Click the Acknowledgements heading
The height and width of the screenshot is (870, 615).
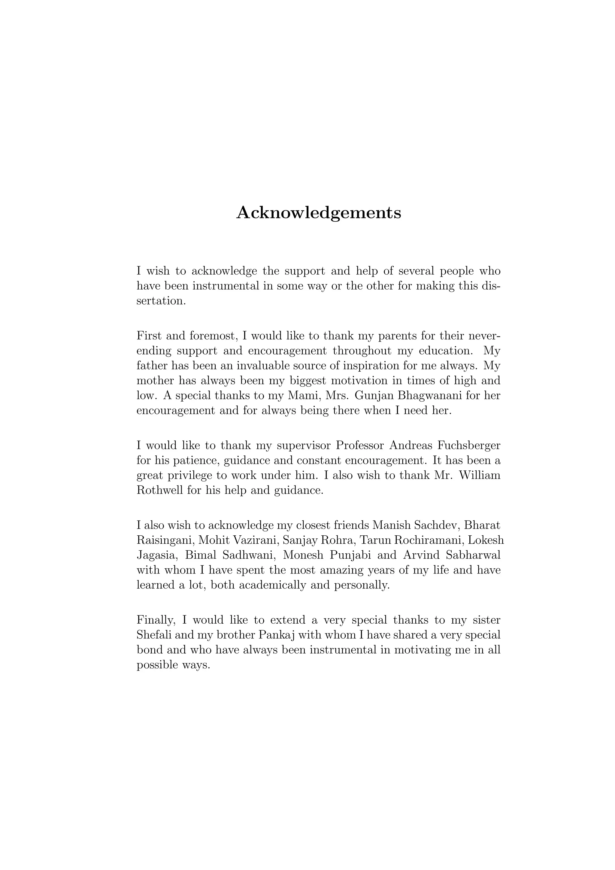click(319, 213)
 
